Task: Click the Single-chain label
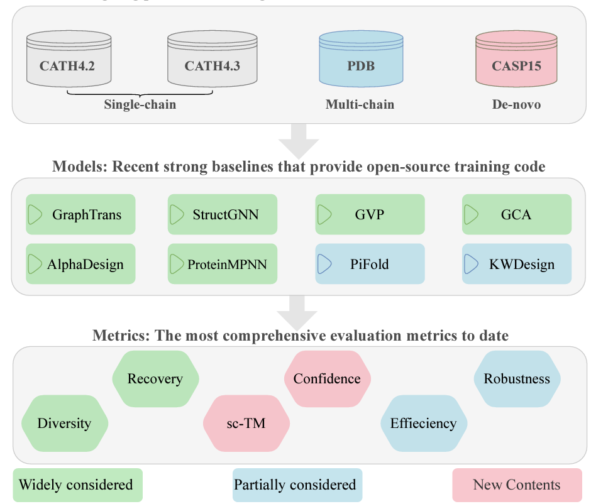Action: [x=140, y=104]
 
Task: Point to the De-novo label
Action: [x=516, y=104]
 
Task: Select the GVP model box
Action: [x=370, y=215]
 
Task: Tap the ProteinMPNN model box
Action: [x=223, y=264]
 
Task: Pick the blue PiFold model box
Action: [x=370, y=264]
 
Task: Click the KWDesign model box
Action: [x=517, y=264]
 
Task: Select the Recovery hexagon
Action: [x=155, y=379]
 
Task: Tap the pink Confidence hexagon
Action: [x=327, y=379]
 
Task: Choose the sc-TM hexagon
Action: [x=246, y=423]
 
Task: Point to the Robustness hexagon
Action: [x=517, y=379]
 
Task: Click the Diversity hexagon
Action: [x=65, y=423]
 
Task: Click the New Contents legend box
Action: [x=517, y=485]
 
